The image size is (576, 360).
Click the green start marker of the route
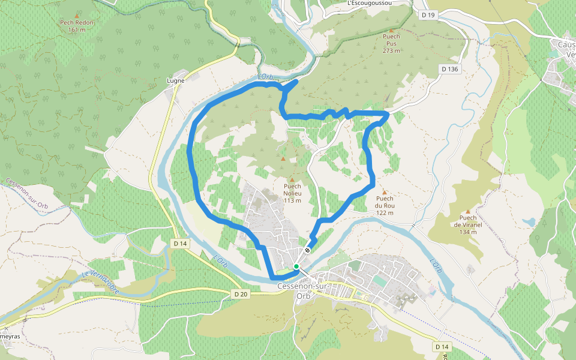pyautogui.click(x=296, y=266)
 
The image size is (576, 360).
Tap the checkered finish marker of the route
pyautogui.click(x=308, y=250)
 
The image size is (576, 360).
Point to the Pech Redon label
pyautogui.click(x=77, y=23)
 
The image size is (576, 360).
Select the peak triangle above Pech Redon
pyautogui.click(x=77, y=15)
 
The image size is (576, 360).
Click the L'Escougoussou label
pyautogui.click(x=370, y=3)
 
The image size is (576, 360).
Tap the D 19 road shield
pyautogui.click(x=427, y=14)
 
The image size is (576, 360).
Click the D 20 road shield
pyautogui.click(x=240, y=294)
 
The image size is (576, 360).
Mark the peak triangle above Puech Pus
pyautogui.click(x=391, y=30)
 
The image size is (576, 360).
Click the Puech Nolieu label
pyautogui.click(x=292, y=190)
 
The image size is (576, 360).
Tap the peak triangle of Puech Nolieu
pyautogui.click(x=292, y=179)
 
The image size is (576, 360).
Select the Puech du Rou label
pyautogui.click(x=385, y=202)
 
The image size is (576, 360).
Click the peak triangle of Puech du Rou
pyautogui.click(x=385, y=192)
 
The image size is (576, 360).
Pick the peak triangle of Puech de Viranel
pyautogui.click(x=468, y=211)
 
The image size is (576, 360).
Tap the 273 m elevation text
pyautogui.click(x=391, y=51)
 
